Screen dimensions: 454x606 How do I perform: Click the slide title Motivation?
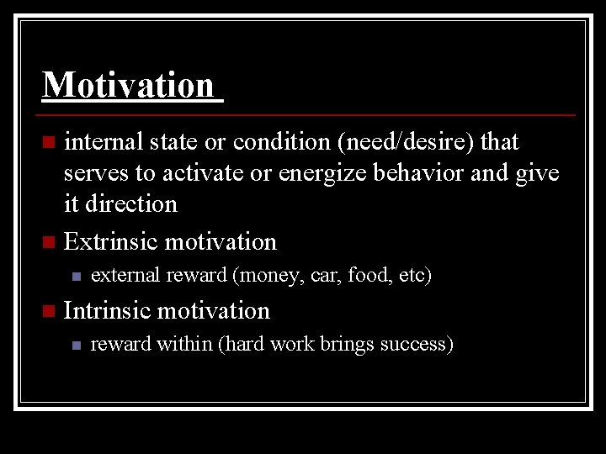(x=128, y=85)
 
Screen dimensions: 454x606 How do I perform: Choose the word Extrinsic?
(x=111, y=242)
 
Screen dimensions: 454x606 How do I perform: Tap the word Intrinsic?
(x=108, y=310)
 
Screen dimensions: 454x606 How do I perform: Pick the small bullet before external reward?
(x=75, y=276)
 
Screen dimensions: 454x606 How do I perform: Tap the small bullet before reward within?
(x=75, y=345)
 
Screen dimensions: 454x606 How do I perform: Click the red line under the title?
(x=308, y=114)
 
